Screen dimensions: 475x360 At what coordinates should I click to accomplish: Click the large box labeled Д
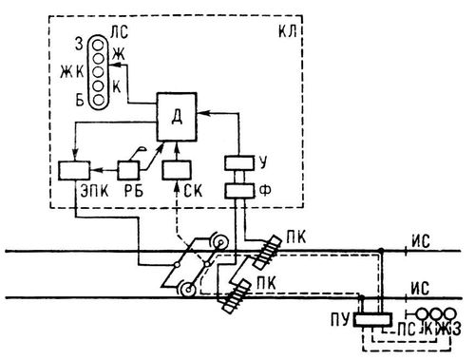177,117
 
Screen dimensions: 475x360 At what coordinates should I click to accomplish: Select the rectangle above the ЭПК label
74,171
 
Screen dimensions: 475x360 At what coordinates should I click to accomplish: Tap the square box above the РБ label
129,170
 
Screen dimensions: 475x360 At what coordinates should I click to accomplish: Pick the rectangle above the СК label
177,170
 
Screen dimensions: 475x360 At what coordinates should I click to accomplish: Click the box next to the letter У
239,162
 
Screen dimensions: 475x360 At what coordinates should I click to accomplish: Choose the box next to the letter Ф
239,191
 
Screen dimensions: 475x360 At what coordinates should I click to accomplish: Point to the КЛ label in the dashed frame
288,31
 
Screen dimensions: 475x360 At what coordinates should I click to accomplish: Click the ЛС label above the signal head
120,32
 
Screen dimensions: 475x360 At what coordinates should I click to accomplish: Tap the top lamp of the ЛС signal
99,44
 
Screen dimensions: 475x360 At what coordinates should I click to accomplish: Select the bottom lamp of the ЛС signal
99,100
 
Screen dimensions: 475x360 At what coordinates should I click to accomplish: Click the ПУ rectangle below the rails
372,319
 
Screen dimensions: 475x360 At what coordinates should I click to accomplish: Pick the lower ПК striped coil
237,296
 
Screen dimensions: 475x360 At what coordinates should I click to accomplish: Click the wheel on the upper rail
220,243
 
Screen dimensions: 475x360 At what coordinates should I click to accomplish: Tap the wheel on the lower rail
189,290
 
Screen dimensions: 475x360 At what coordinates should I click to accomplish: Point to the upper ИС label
421,242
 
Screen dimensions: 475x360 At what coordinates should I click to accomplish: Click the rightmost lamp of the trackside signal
449,314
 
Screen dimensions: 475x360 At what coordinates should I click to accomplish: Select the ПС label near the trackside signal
406,330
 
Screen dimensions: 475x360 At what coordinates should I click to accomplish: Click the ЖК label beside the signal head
72,72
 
